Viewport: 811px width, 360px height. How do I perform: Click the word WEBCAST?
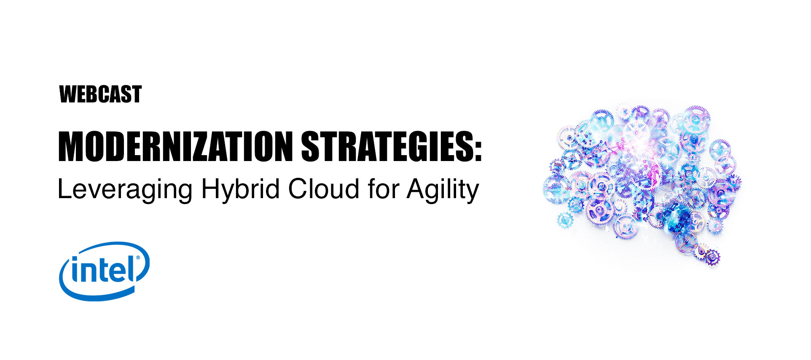coord(100,94)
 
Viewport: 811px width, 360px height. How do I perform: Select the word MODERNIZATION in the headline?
coord(175,146)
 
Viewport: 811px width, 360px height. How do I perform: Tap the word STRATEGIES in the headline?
coord(386,146)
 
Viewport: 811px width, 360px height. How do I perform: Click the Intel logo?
coord(105,271)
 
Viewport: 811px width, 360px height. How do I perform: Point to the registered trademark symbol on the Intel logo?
coord(138,258)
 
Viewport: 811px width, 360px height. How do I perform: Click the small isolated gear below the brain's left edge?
coord(564,220)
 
